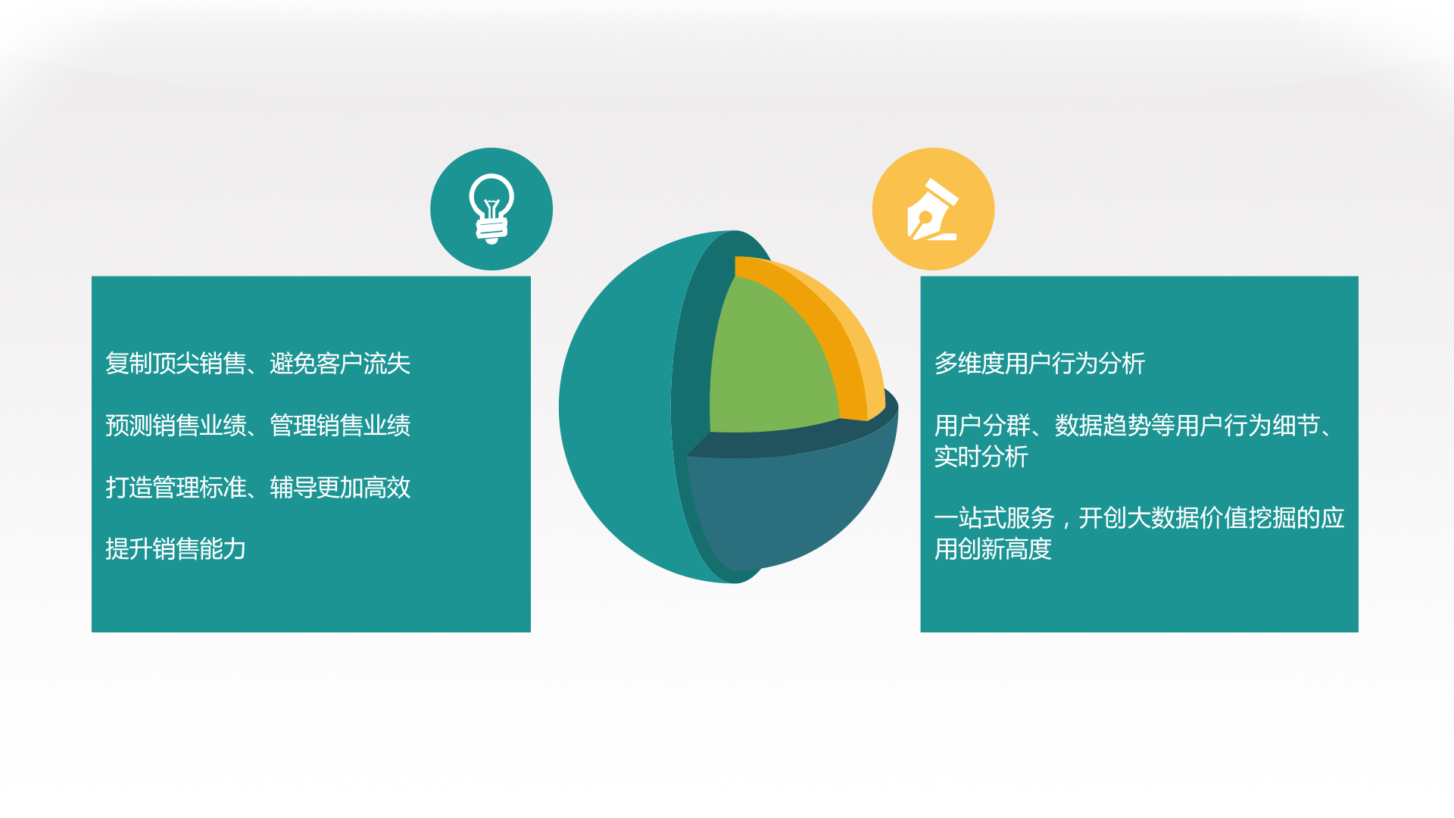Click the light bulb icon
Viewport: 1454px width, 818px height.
click(491, 209)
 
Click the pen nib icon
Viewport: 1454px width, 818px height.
click(933, 210)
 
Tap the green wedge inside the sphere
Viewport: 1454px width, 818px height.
click(769, 364)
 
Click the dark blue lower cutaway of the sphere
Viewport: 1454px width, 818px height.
click(788, 507)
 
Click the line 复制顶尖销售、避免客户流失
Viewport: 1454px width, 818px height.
click(257, 364)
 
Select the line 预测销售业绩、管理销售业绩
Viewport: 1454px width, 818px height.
click(257, 426)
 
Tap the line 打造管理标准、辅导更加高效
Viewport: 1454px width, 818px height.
click(257, 488)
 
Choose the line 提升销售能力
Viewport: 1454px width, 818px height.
click(176, 549)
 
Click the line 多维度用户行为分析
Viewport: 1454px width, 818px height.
click(1040, 364)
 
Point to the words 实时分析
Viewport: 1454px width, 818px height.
click(981, 457)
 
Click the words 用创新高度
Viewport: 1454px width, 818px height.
click(993, 549)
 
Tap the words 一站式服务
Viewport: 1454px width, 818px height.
click(994, 518)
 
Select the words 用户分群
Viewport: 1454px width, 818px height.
click(981, 426)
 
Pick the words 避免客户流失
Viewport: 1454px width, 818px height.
click(340, 364)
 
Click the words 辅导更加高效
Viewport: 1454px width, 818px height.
click(340, 488)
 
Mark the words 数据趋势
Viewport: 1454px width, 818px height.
click(1103, 426)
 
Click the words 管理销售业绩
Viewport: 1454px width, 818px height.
click(340, 426)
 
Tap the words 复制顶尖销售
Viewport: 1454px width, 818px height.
click(176, 364)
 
